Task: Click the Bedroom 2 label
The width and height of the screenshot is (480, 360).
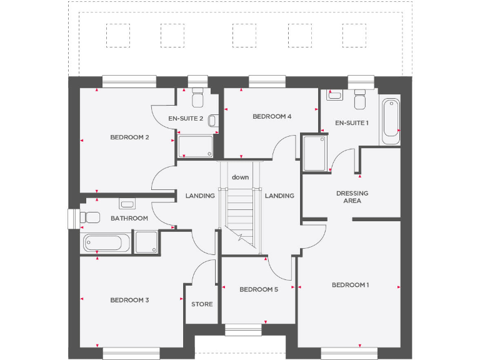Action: click(129, 137)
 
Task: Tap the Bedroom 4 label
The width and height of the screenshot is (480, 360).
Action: click(272, 116)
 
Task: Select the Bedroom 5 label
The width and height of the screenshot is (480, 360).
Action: click(259, 289)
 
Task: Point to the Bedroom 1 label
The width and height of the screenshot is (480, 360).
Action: click(350, 285)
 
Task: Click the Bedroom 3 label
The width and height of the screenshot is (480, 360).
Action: click(129, 300)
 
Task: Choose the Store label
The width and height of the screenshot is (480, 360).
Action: click(202, 304)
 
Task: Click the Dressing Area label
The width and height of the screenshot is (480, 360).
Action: click(352, 197)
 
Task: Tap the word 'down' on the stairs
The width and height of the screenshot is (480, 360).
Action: click(241, 177)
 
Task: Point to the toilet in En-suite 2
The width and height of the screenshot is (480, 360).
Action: click(198, 99)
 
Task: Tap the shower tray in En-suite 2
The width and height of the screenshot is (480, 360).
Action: click(196, 146)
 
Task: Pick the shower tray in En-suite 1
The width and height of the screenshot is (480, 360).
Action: click(314, 153)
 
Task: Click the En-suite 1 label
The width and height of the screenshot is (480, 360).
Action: click(352, 123)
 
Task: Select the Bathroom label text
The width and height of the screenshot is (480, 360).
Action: click(129, 218)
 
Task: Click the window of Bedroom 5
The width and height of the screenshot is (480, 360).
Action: click(243, 329)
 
